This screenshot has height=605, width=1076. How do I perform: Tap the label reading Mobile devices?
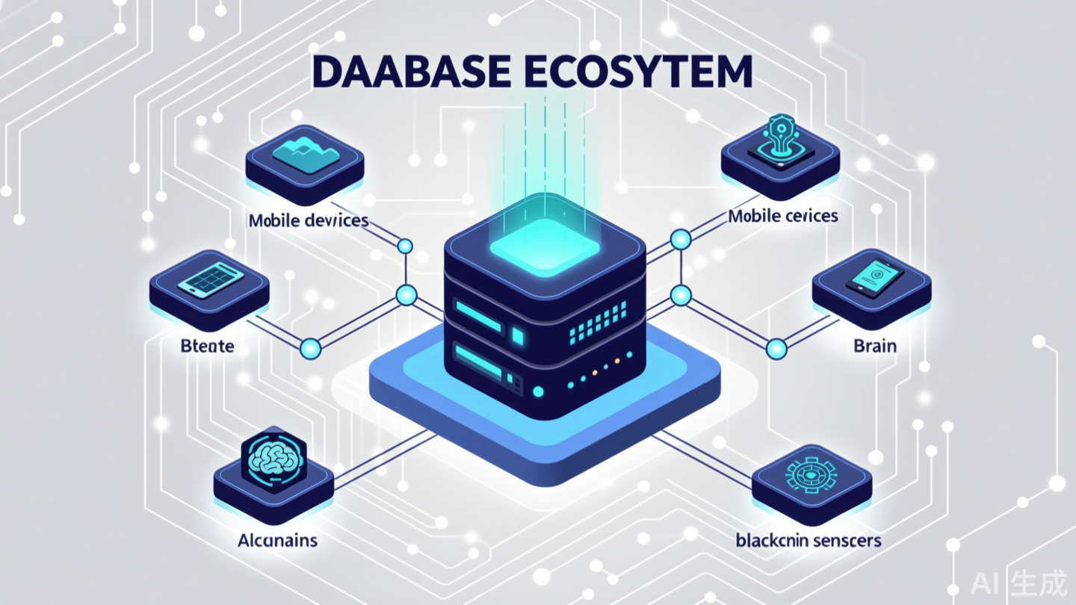click(309, 220)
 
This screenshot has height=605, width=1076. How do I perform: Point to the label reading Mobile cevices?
click(783, 216)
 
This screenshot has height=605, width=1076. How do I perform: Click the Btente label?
click(208, 347)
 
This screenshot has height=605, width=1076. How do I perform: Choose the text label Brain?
click(874, 347)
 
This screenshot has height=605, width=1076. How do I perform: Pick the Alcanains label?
click(276, 540)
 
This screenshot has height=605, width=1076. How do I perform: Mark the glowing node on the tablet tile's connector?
click(309, 347)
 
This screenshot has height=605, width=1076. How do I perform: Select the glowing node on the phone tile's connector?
click(777, 347)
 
